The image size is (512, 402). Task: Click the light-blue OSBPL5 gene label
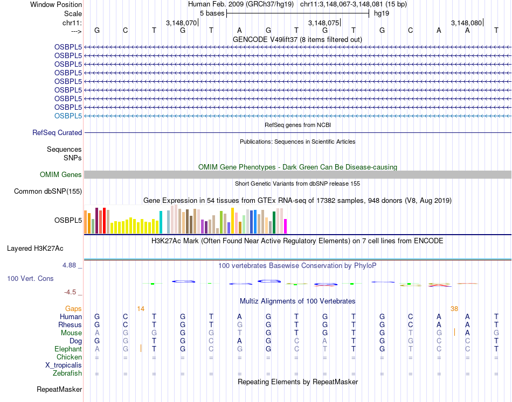coord(68,116)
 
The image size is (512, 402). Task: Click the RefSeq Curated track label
coord(57,132)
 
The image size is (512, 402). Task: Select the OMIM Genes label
coord(61,174)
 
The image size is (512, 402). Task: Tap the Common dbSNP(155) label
coord(48,191)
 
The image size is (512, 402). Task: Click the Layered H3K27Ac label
coord(35,249)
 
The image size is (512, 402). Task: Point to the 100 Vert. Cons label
coord(31,279)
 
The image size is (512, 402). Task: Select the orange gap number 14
coord(141,308)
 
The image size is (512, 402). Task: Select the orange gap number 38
coord(454,308)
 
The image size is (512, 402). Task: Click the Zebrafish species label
coord(67,373)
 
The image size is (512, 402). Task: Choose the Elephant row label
coord(68,349)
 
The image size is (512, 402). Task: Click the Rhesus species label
coord(70,325)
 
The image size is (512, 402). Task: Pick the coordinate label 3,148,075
coord(323,23)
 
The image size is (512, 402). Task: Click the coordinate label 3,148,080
coord(466,23)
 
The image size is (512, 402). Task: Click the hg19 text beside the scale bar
coord(382,13)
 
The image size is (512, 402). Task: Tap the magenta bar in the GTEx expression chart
coord(285,226)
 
